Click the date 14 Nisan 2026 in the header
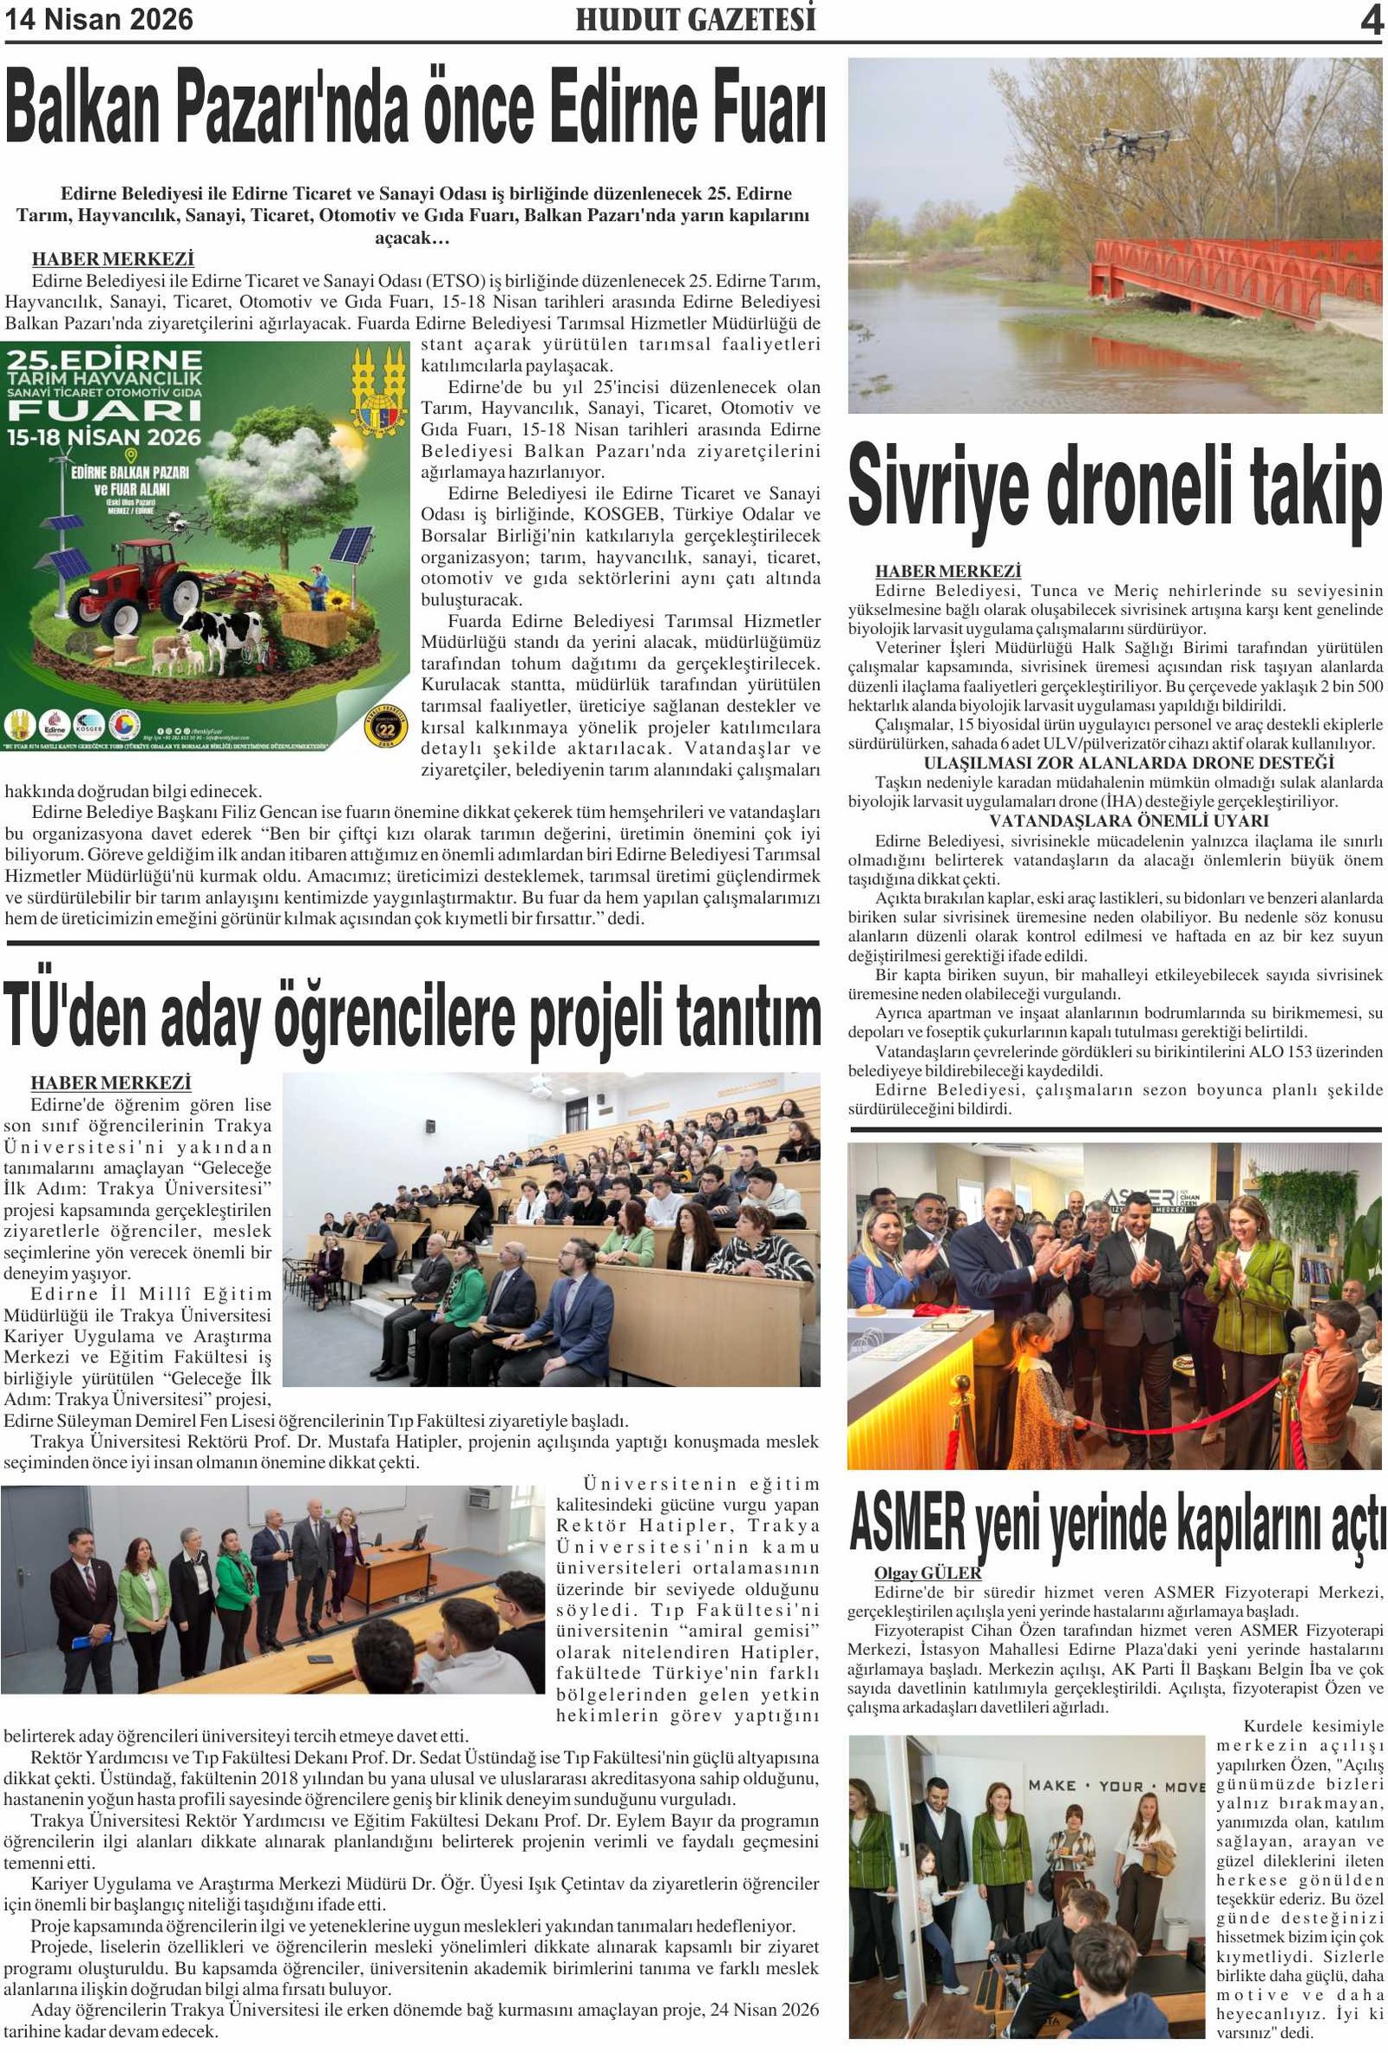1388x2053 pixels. (99, 19)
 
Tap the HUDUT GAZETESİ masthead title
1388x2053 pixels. (696, 20)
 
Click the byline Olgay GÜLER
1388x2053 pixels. (927, 1573)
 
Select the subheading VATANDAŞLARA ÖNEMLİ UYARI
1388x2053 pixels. (1116, 821)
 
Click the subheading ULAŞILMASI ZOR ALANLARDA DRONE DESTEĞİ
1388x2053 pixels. (1129, 762)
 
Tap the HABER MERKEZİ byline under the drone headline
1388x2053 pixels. (948, 572)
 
